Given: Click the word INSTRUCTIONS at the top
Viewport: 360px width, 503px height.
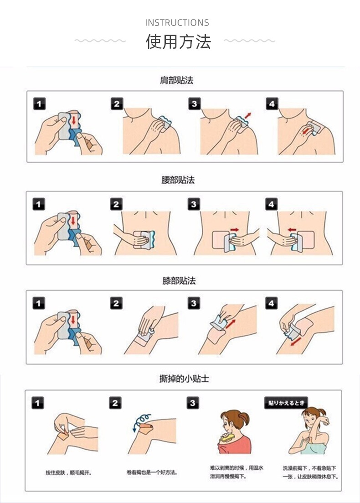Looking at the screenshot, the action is [177, 23].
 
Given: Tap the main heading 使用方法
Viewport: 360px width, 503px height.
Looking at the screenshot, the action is [178, 41].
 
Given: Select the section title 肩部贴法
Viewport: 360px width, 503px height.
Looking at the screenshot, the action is [177, 80].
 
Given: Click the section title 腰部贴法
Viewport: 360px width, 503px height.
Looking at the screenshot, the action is [178, 180].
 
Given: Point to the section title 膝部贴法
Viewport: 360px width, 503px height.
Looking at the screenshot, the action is [179, 281].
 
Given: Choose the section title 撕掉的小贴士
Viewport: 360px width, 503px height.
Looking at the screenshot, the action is [184, 379].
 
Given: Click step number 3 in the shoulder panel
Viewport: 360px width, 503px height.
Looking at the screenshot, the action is [194, 104].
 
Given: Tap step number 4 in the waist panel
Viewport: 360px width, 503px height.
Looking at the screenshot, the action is [271, 204].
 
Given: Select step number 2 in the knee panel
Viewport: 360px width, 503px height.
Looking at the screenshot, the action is [116, 303].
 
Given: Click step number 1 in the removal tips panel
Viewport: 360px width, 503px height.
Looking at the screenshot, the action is [37, 403].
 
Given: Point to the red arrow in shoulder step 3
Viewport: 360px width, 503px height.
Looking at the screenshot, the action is [248, 116].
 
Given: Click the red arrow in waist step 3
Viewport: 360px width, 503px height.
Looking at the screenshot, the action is [235, 230].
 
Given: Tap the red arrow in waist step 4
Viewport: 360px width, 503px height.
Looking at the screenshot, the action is [292, 230].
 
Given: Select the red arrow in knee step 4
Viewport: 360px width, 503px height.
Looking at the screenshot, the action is [296, 341].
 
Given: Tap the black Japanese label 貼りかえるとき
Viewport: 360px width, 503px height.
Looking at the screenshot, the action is [286, 403].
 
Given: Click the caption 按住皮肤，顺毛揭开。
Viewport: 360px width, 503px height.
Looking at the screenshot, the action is [68, 472].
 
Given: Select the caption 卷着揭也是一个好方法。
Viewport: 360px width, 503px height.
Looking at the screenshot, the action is [152, 472].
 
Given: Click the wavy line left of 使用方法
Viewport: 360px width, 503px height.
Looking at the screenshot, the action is [100, 41].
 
